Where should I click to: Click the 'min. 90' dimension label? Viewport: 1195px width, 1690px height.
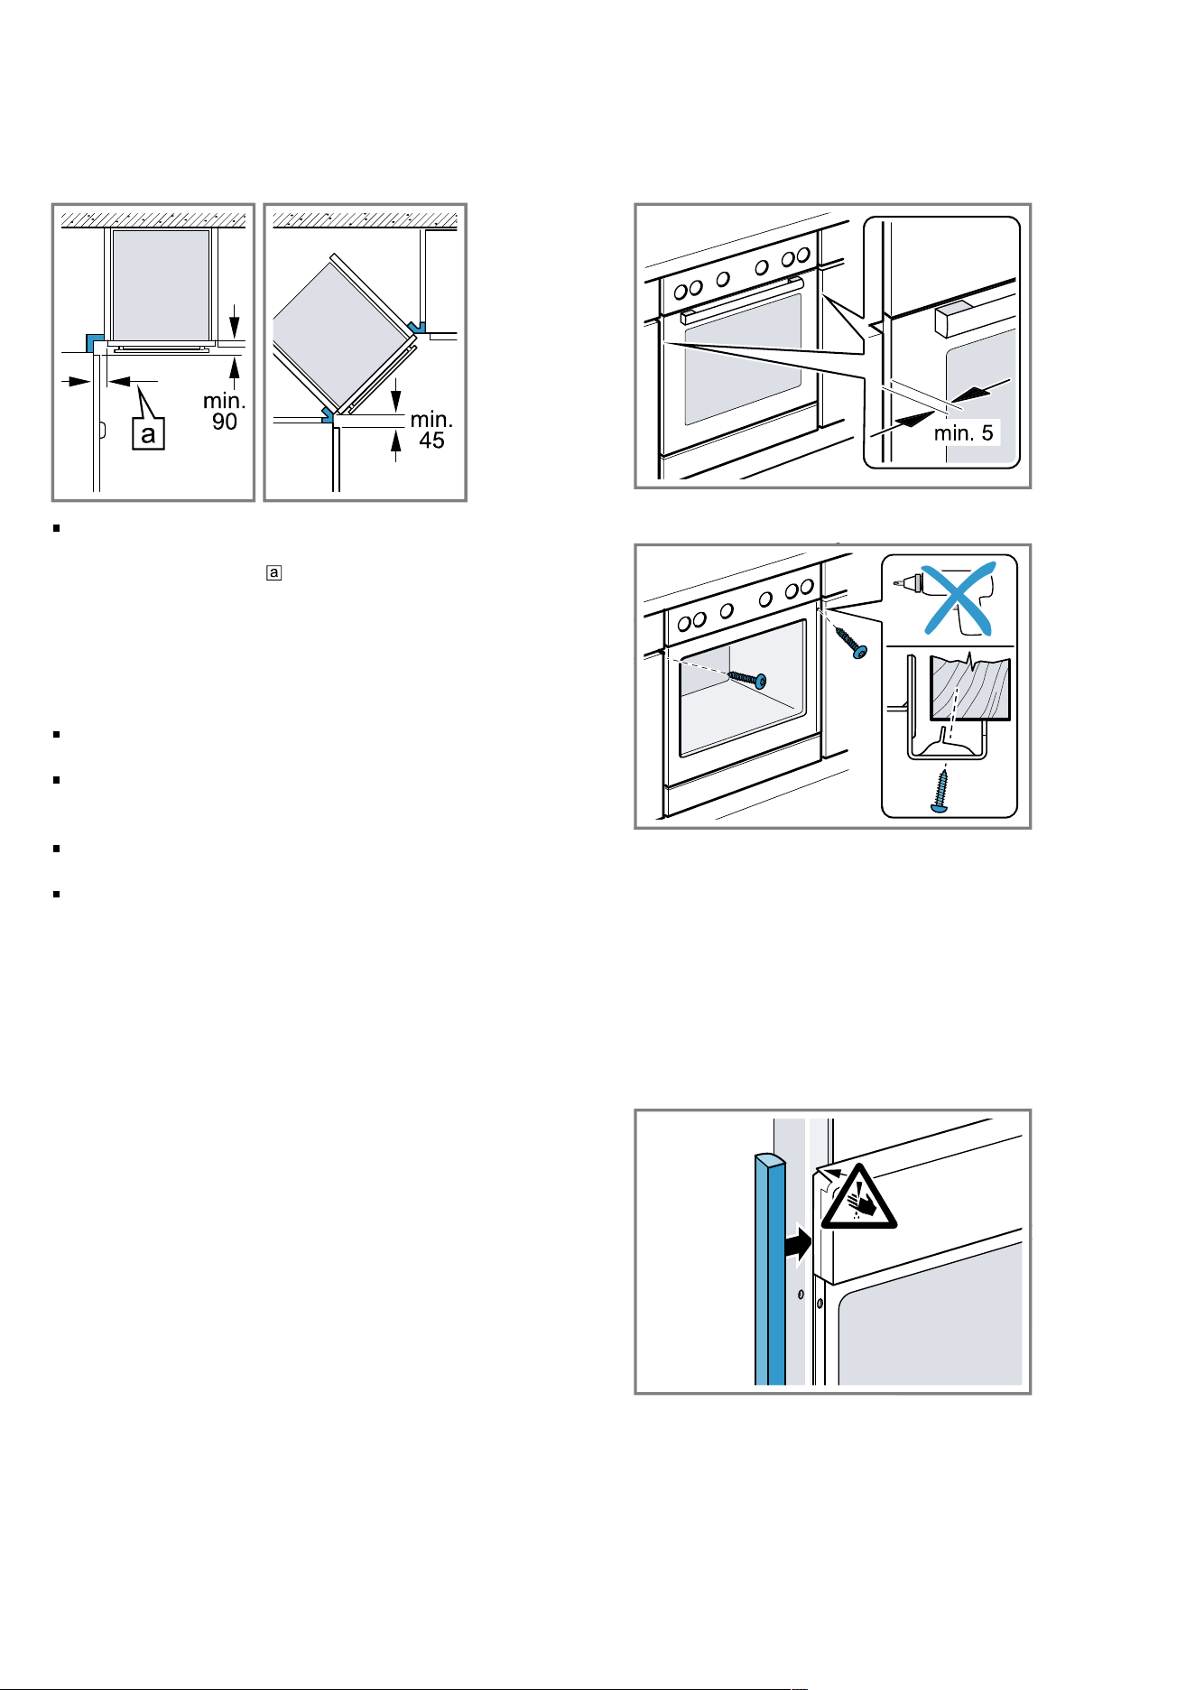(225, 411)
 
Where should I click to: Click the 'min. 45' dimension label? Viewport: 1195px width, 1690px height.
(431, 430)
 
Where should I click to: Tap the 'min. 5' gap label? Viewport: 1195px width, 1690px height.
(963, 433)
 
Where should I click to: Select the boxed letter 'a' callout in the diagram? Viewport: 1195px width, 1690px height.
(148, 433)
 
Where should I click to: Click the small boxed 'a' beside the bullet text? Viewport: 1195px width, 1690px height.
(273, 572)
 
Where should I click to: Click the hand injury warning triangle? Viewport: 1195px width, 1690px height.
(858, 1198)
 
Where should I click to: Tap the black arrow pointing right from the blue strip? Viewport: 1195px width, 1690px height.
(799, 1246)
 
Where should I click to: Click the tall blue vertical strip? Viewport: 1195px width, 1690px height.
(770, 1268)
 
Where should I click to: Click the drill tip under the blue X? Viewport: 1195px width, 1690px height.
(906, 583)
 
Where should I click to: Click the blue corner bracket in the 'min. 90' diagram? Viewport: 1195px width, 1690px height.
(93, 341)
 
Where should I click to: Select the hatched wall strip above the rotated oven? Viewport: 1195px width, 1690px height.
(366, 218)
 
